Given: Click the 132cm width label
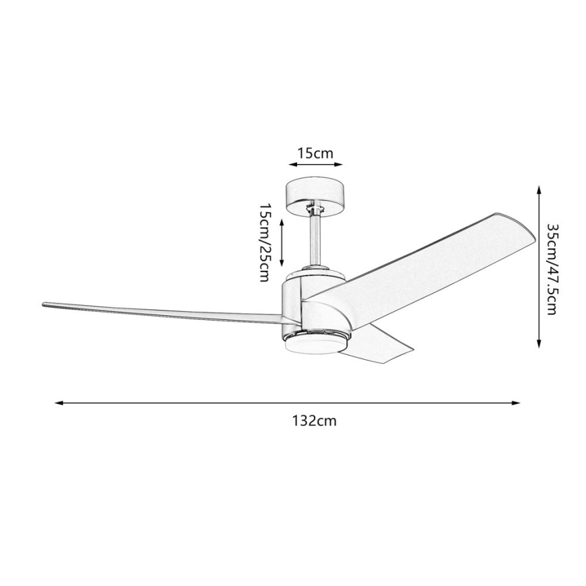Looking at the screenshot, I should pyautogui.click(x=314, y=421).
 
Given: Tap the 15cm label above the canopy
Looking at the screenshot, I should pyautogui.click(x=315, y=153).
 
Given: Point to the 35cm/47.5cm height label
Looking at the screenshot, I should pyautogui.click(x=552, y=269).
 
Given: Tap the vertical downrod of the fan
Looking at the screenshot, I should pyautogui.click(x=315, y=240).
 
